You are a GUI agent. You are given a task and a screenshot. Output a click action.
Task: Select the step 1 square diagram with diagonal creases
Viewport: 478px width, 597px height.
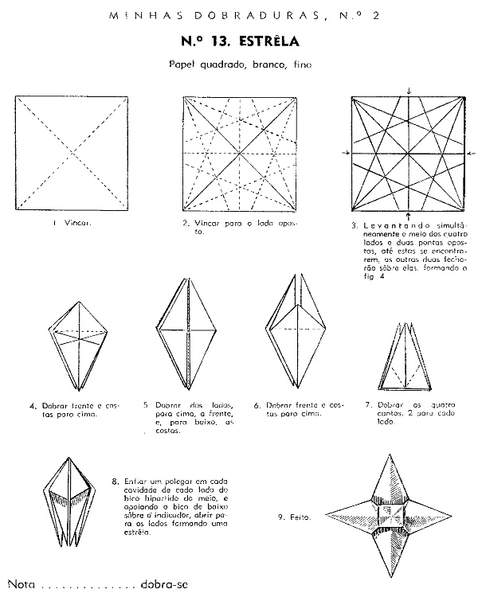click(72, 152)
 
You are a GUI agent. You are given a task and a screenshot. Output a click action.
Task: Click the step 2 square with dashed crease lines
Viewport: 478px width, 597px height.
click(239, 152)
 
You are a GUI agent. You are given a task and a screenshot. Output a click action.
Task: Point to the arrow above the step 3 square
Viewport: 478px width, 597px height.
click(409, 90)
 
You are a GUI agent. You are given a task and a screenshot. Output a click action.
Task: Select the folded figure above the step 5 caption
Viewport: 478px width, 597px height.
click(185, 338)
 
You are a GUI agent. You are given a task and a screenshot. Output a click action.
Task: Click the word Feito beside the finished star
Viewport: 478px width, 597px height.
click(301, 517)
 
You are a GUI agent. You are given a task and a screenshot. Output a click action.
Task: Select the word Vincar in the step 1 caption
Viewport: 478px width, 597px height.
click(79, 223)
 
